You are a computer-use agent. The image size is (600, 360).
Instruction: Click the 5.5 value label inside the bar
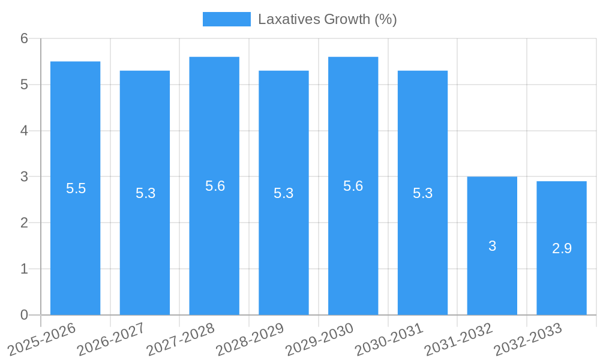click(x=76, y=188)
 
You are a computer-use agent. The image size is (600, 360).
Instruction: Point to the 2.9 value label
click(x=562, y=248)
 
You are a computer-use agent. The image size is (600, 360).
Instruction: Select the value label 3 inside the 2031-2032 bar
click(x=492, y=246)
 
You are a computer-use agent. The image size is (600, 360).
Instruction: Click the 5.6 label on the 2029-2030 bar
click(x=353, y=186)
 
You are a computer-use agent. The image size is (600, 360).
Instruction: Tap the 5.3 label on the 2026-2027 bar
click(x=145, y=193)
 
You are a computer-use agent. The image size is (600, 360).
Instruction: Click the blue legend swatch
click(x=226, y=19)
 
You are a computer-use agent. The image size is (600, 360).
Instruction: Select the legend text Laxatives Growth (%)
click(x=328, y=19)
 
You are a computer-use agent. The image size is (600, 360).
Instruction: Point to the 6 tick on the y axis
click(x=24, y=38)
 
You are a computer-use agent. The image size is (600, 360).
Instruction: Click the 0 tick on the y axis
click(x=24, y=315)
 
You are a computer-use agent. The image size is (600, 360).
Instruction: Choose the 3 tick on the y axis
click(x=24, y=177)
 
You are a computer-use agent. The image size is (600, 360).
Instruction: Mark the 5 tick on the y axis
click(x=24, y=85)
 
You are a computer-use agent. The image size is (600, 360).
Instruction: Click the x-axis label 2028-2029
click(x=250, y=340)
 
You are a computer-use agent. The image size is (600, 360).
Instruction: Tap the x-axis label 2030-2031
click(x=389, y=340)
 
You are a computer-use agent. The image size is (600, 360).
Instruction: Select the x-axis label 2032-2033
click(x=527, y=340)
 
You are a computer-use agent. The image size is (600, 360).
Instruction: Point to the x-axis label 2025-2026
click(x=41, y=340)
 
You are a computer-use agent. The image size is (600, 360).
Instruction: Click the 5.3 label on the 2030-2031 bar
click(x=422, y=193)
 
